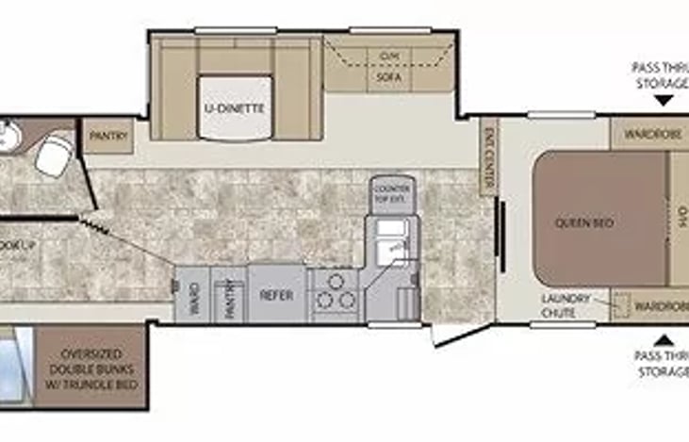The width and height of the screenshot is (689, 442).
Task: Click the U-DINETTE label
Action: pyautogui.click(x=234, y=108)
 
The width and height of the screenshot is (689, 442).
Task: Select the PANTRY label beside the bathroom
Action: pyautogui.click(x=103, y=136)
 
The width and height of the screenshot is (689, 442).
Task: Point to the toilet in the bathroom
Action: pyautogui.click(x=54, y=155)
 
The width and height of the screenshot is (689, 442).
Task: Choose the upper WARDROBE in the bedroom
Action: pyautogui.click(x=650, y=133)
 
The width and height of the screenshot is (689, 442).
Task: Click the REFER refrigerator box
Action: pyautogui.click(x=277, y=295)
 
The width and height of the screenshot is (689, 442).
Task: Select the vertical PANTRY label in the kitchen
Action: pyautogui.click(x=228, y=296)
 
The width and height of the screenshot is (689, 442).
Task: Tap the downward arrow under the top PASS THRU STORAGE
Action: pyautogui.click(x=664, y=99)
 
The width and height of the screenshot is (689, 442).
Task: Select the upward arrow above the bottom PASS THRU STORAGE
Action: pyautogui.click(x=664, y=338)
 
